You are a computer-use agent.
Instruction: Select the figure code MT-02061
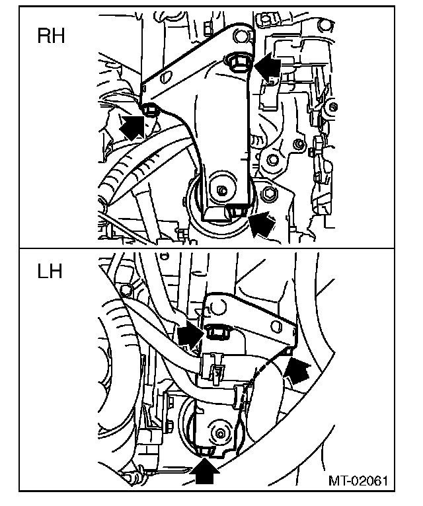point(358,480)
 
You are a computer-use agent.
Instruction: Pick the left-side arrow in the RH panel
point(133,124)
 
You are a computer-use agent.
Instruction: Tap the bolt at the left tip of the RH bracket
point(149,110)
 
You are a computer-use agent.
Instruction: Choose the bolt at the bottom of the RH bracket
point(236,211)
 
